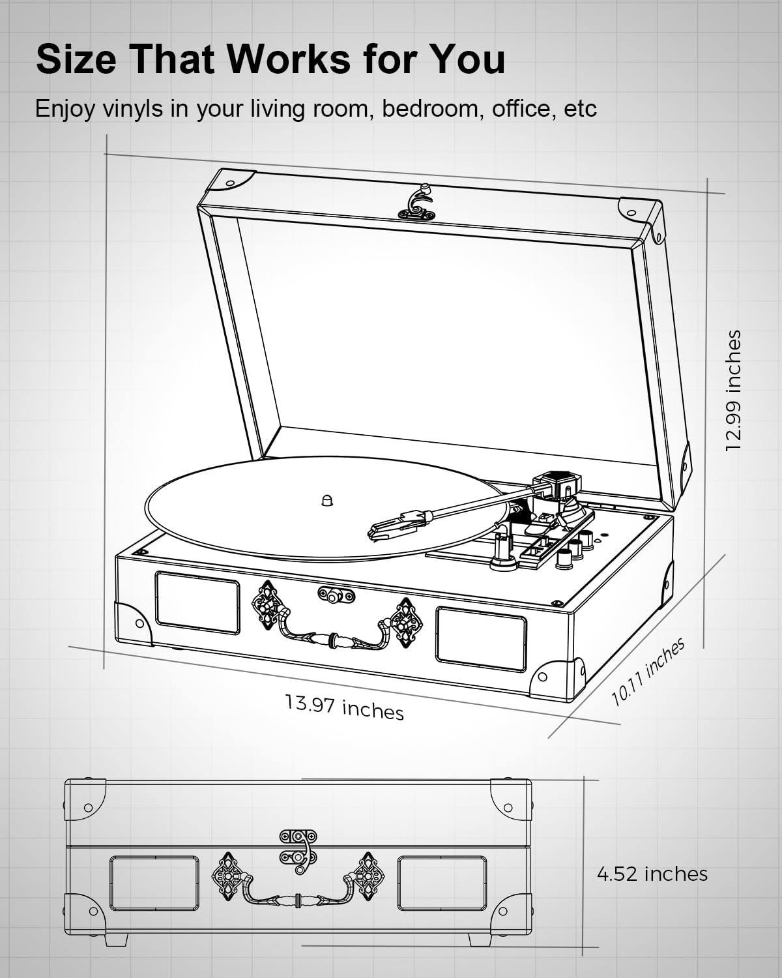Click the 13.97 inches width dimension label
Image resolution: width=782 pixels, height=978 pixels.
coord(344,707)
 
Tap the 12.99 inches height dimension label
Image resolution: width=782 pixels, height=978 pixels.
coord(733,391)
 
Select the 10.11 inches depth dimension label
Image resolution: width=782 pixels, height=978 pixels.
coord(648,672)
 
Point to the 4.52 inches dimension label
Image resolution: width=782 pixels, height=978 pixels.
coord(652,874)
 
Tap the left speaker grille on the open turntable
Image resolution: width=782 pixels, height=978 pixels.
coord(197,602)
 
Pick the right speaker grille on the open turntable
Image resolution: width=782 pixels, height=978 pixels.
coord(481,639)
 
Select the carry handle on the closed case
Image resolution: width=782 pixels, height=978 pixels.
coord(298,897)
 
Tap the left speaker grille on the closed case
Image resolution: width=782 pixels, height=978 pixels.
coord(154,883)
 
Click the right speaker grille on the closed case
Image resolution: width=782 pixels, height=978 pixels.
coord(442,883)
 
